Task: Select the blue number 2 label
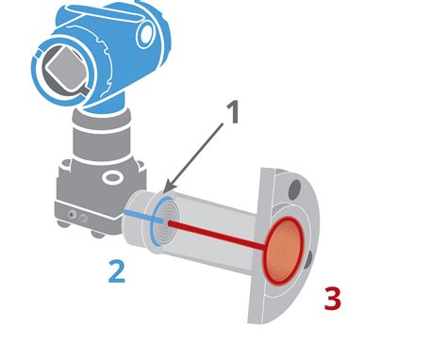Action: click(116, 270)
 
